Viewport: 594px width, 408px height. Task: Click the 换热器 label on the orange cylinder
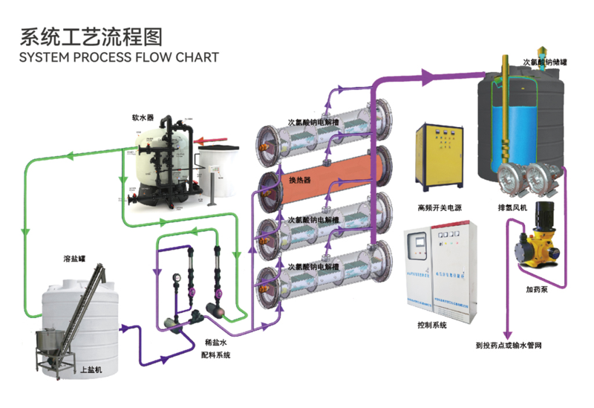coord(298,181)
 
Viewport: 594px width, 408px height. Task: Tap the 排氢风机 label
coord(512,209)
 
